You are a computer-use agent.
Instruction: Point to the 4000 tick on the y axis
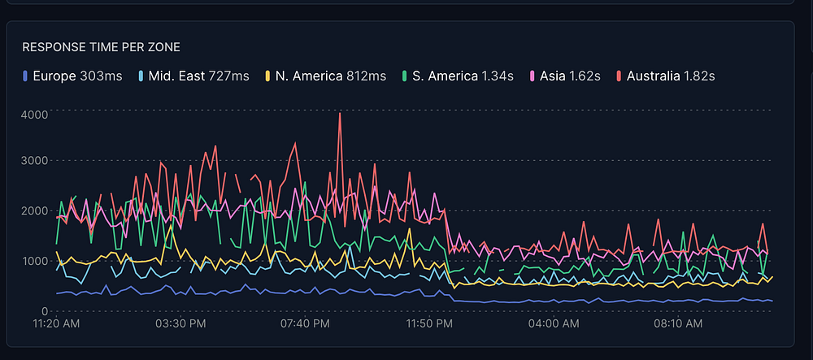pyautogui.click(x=34, y=114)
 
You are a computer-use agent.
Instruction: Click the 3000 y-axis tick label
pyautogui.click(x=34, y=161)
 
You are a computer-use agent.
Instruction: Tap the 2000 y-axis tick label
pyautogui.click(x=34, y=211)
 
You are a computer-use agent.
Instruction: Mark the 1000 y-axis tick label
pyautogui.click(x=34, y=261)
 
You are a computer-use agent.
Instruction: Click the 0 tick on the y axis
pyautogui.click(x=46, y=310)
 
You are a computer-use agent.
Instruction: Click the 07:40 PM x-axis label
pyautogui.click(x=305, y=324)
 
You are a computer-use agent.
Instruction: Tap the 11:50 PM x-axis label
pyautogui.click(x=430, y=324)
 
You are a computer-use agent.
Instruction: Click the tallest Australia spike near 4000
pyautogui.click(x=340, y=115)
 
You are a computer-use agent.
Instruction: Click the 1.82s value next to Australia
pyautogui.click(x=700, y=76)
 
